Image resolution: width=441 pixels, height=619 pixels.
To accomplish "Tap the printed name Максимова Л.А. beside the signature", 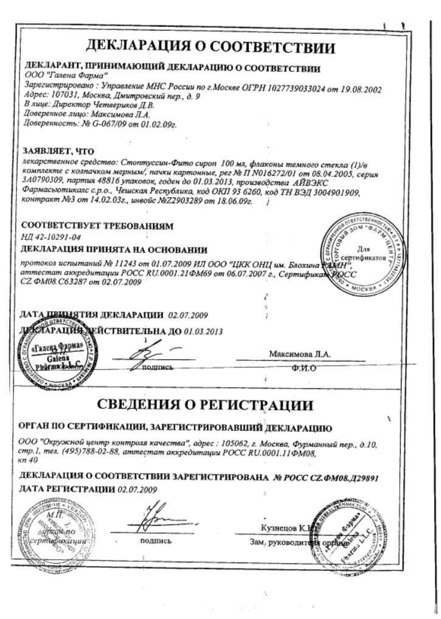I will coord(299,353).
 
